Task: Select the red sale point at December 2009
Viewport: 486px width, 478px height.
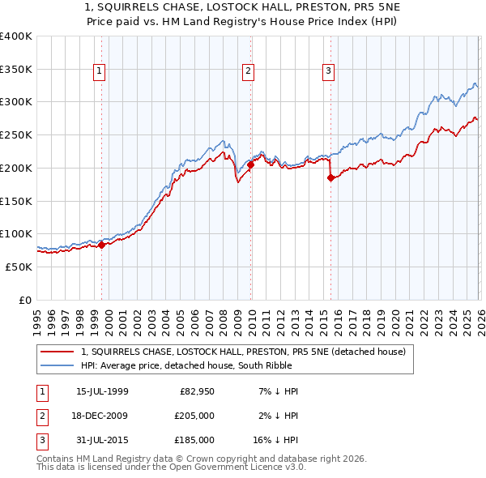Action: pos(251,164)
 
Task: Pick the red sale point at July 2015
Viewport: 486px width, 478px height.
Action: pos(330,178)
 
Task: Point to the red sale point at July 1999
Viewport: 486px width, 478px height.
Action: pos(102,245)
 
